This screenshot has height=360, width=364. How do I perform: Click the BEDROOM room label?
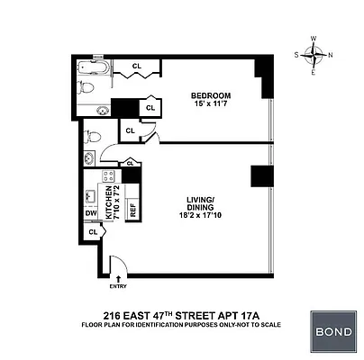(x=211, y=95)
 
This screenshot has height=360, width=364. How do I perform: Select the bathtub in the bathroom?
(x=89, y=67)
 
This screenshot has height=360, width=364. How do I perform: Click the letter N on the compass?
(x=330, y=54)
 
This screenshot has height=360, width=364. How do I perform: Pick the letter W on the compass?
(x=314, y=39)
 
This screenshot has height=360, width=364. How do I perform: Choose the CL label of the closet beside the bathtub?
(x=137, y=66)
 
